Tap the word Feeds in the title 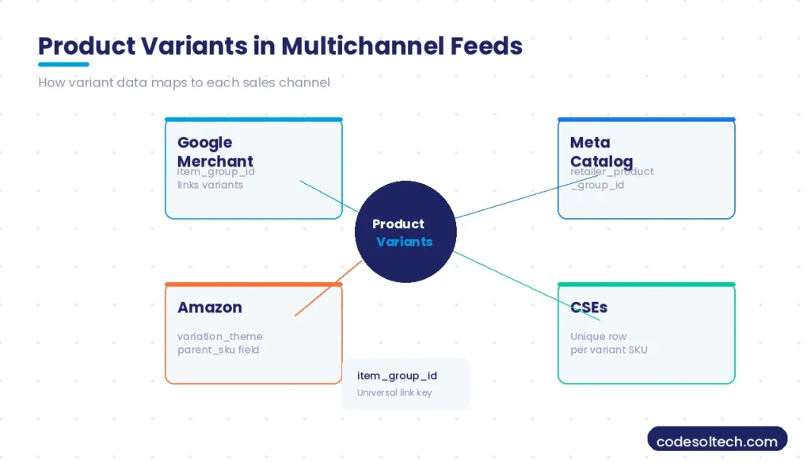pyautogui.click(x=486, y=46)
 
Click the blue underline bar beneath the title pyautogui.click(x=63, y=64)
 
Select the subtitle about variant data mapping pyautogui.click(x=184, y=82)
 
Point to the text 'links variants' pyautogui.click(x=210, y=185)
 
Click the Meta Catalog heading pyautogui.click(x=600, y=151)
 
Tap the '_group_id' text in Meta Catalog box pyautogui.click(x=597, y=185)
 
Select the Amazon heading pyautogui.click(x=210, y=308)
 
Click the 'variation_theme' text pyautogui.click(x=220, y=336)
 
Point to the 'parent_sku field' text pyautogui.click(x=219, y=350)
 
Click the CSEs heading pyautogui.click(x=588, y=308)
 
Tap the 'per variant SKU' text pyautogui.click(x=608, y=350)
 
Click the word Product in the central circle pyautogui.click(x=398, y=224)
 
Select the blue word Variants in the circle pyautogui.click(x=404, y=242)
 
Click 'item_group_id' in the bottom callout pyautogui.click(x=397, y=376)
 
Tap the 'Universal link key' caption pyautogui.click(x=394, y=392)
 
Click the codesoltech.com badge pyautogui.click(x=717, y=442)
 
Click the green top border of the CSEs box pyautogui.click(x=646, y=285)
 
